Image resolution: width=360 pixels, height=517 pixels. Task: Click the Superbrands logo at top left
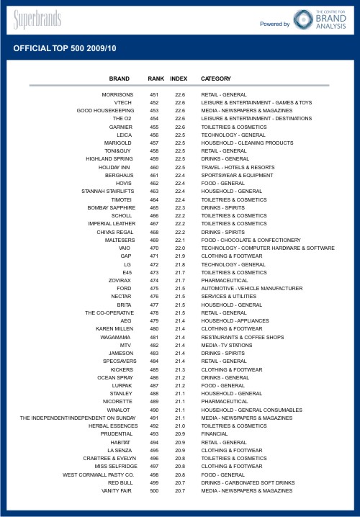click(37, 19)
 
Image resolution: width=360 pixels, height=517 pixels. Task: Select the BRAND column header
click(120, 78)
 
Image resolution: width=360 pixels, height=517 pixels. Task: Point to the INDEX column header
click(179, 78)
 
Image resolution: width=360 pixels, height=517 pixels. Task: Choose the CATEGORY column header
click(216, 78)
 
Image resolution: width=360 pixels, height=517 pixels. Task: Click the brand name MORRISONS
click(118, 95)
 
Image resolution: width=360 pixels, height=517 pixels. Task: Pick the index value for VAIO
click(180, 248)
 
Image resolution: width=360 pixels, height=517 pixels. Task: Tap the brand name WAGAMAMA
click(116, 337)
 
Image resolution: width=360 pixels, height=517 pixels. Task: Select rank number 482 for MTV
click(154, 345)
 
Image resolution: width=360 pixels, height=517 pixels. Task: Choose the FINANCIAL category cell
click(215, 434)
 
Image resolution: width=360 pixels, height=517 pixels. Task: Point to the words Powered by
click(275, 24)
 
